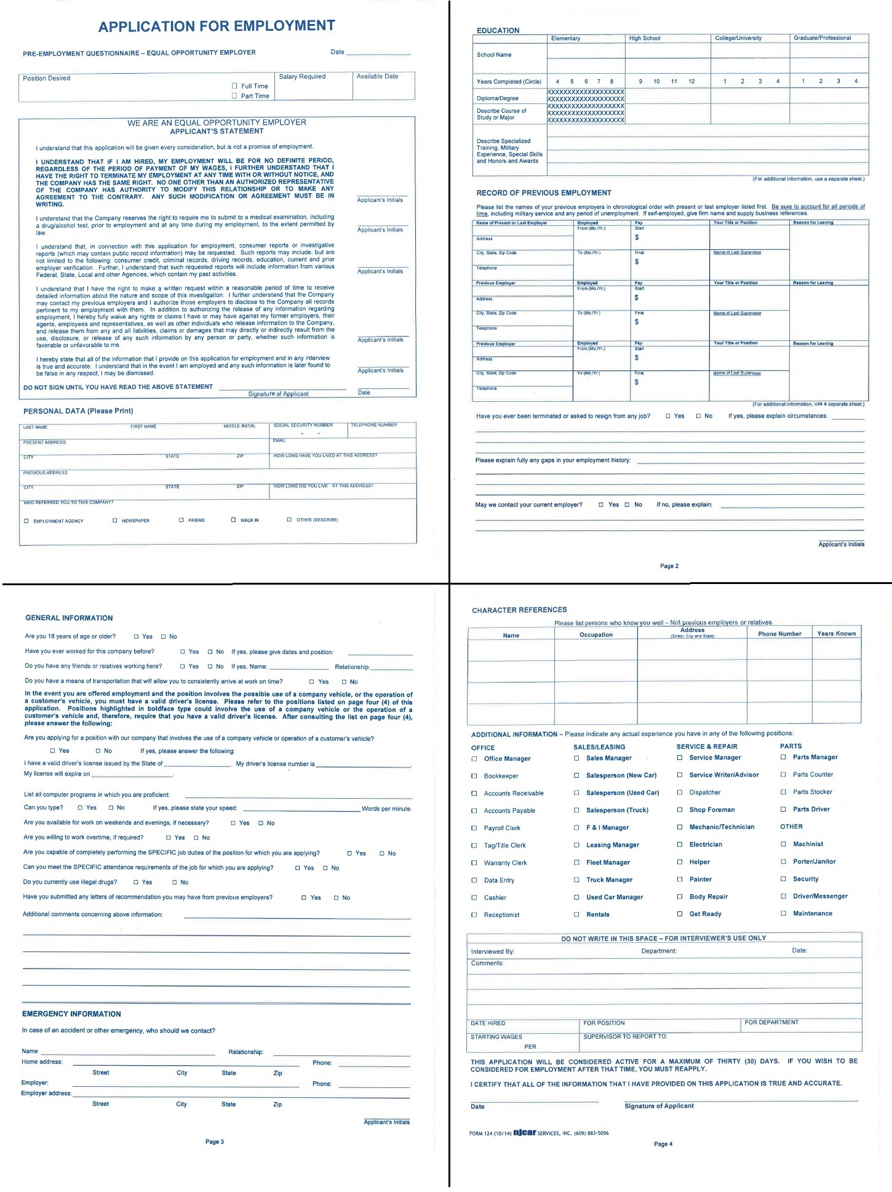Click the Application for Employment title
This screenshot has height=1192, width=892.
tap(217, 26)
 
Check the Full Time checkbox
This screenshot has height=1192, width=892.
tap(234, 86)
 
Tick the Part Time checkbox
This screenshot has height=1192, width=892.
tap(234, 95)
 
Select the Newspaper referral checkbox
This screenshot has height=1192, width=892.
tap(115, 521)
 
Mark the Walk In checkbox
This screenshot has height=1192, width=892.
tap(234, 520)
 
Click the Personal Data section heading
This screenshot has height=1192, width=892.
tap(78, 411)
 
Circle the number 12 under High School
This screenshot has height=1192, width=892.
tap(691, 81)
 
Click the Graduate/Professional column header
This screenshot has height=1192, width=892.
tap(822, 38)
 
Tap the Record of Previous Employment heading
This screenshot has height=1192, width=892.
tap(544, 193)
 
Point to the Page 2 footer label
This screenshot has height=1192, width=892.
tap(669, 566)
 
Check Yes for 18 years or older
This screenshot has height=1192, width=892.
tap(137, 636)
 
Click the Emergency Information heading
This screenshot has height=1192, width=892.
tap(71, 1014)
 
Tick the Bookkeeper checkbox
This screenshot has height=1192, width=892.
tap(474, 776)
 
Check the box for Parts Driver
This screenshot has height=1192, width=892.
tap(783, 809)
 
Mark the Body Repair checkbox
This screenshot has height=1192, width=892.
tap(680, 897)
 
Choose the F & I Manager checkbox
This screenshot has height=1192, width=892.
tap(576, 828)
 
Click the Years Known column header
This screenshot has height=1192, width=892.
tap(836, 633)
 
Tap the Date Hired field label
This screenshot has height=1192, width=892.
tap(488, 1023)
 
